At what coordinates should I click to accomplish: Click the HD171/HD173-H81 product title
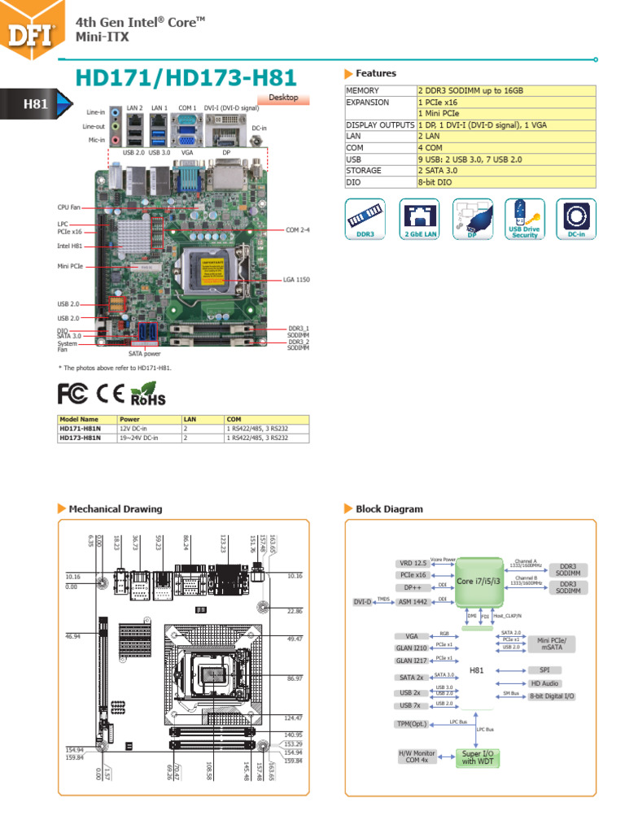[186, 78]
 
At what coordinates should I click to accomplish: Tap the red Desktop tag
[284, 98]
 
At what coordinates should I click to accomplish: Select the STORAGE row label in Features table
[364, 171]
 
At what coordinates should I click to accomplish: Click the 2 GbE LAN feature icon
[418, 219]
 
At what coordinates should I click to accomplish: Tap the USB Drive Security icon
[524, 219]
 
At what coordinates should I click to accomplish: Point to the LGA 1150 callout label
[296, 279]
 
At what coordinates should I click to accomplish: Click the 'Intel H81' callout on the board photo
[69, 245]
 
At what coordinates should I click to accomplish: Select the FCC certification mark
[72, 394]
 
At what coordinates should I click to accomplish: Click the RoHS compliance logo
[147, 395]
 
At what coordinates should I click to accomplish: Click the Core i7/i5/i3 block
[477, 581]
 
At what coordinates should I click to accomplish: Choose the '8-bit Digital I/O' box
[552, 696]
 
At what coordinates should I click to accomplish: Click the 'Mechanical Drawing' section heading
[115, 509]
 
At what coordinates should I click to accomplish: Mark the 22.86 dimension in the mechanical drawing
[294, 611]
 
